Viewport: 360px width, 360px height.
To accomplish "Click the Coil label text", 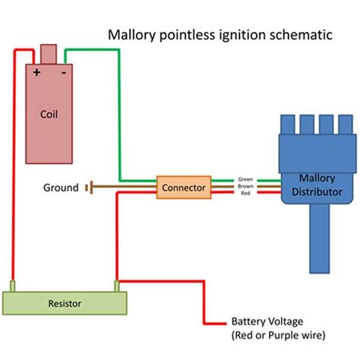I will point(49,115).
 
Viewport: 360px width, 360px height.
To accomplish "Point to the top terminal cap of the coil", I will point(49,55).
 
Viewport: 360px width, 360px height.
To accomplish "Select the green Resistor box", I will point(64,303).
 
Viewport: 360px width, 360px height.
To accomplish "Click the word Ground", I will point(62,187).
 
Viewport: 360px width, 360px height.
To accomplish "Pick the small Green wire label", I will point(246,178).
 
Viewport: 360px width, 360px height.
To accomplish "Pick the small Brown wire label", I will point(246,186).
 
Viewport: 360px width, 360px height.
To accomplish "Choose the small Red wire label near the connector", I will point(246,194).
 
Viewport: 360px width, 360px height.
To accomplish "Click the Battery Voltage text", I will point(265,322).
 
